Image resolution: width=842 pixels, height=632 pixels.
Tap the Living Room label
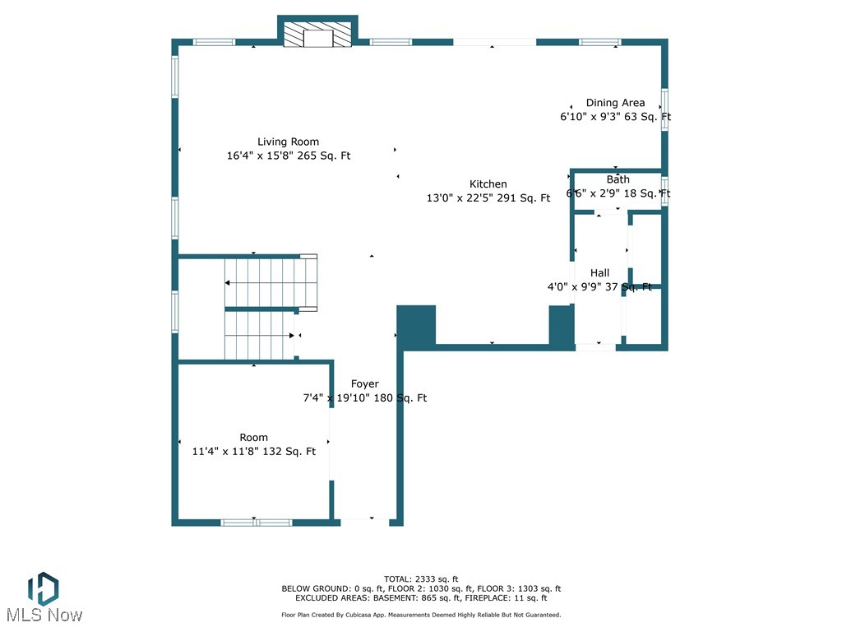[x=288, y=142]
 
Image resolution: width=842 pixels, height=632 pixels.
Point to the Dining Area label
[x=615, y=103]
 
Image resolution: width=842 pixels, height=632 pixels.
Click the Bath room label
[x=618, y=179]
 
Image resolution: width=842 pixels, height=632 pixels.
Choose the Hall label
[x=599, y=273]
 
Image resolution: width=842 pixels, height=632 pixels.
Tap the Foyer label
[x=365, y=384]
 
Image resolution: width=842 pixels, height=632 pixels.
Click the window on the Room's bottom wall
[x=255, y=522]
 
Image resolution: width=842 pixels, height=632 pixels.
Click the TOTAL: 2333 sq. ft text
[x=421, y=579]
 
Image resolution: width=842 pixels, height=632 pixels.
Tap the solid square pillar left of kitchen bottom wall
[x=416, y=325]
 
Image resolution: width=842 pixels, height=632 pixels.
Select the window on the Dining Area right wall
[x=665, y=109]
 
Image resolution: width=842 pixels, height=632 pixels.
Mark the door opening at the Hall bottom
[x=595, y=347]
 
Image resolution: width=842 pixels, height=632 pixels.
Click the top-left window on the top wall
[x=214, y=42]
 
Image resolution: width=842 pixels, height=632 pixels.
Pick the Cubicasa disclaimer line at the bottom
[x=421, y=615]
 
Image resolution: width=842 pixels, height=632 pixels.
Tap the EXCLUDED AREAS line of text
[x=421, y=598]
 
